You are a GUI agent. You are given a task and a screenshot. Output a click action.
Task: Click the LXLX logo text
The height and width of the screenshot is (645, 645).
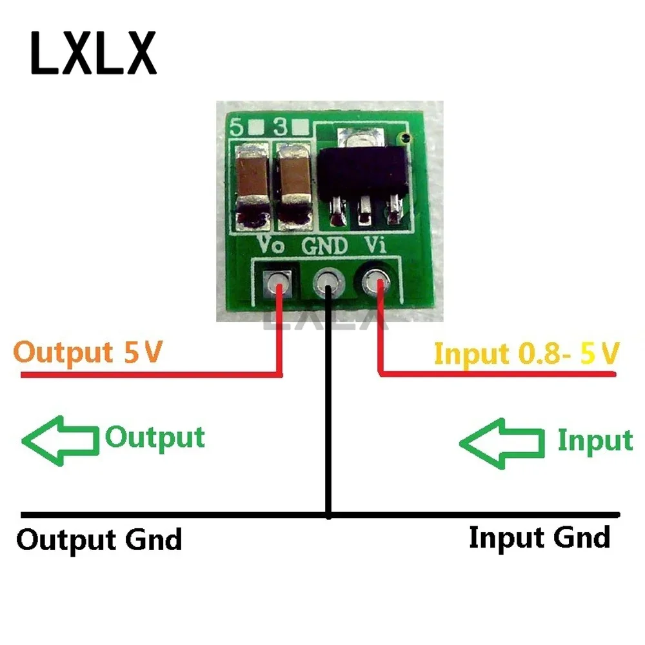(x=93, y=52)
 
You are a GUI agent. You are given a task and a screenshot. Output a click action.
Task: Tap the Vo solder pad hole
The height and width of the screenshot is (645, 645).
(x=279, y=281)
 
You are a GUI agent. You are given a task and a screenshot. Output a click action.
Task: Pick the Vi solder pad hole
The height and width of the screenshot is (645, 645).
(x=376, y=281)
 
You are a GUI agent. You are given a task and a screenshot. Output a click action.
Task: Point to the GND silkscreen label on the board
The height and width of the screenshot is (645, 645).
(x=326, y=245)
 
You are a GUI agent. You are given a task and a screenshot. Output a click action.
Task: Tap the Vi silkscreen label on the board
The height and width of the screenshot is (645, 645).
(x=376, y=245)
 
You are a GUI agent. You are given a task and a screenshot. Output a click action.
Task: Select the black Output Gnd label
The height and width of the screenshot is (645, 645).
(x=99, y=539)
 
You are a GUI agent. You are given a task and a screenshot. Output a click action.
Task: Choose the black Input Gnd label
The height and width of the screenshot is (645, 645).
(x=539, y=537)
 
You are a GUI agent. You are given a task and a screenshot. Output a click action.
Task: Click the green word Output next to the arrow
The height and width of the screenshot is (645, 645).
(x=155, y=438)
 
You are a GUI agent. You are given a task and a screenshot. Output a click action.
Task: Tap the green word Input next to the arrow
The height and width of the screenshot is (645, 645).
(x=595, y=441)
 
